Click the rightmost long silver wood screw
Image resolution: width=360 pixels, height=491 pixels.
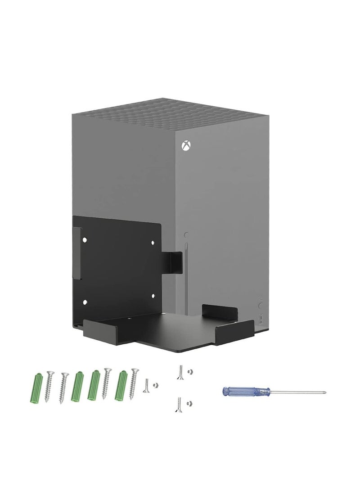(134, 383)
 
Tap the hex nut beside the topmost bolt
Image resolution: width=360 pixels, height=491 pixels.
(190, 372)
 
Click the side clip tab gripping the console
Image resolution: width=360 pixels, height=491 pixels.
(173, 262)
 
